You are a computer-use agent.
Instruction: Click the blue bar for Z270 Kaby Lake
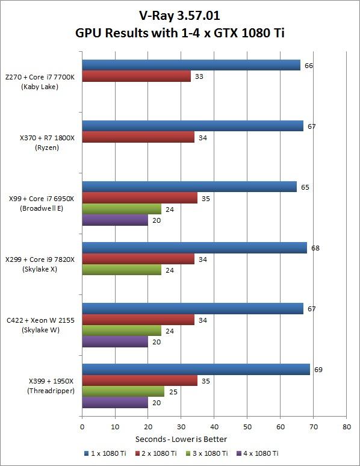(191, 65)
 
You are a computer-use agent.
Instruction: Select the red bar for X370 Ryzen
(138, 137)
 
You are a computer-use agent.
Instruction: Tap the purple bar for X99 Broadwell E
(115, 220)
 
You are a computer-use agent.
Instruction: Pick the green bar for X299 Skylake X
(122, 270)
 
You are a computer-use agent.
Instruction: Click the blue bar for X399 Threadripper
(196, 369)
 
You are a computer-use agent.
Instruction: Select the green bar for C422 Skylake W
(122, 331)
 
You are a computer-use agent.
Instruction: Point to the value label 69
(318, 369)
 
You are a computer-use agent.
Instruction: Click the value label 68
(315, 247)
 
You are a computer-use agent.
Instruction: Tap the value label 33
(199, 76)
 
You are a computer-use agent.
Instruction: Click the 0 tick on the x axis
(82, 426)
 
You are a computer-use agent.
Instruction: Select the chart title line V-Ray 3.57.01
(180, 13)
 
